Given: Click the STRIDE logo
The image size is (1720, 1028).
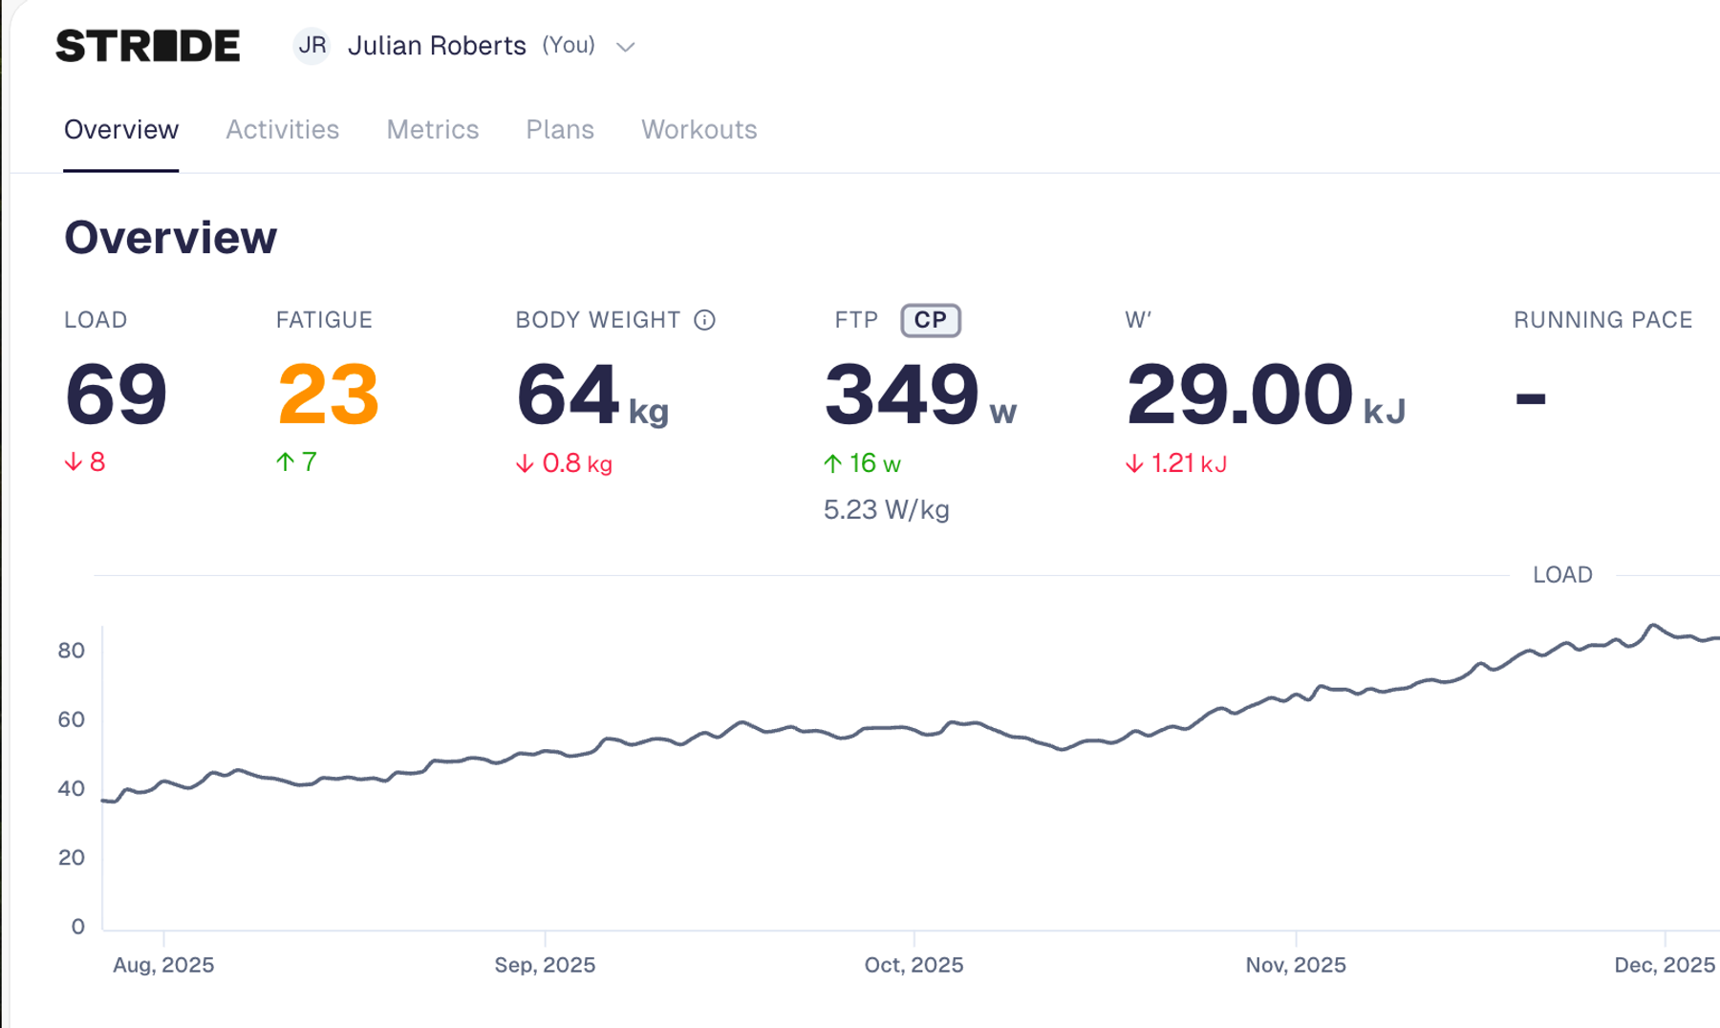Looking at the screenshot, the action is coord(148,46).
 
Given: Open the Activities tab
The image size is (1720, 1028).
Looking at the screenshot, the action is coord(282,129).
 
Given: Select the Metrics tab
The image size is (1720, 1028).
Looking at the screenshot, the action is coord(432,129).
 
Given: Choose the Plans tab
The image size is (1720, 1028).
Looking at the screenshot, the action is coord(560,129).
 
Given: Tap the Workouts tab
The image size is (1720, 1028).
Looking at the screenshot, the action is coord(699,129).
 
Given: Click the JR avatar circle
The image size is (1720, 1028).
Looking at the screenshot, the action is coord(312,46).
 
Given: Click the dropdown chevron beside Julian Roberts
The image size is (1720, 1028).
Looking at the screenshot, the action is coord(626,47).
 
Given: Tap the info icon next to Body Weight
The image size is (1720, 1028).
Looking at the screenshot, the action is coord(704,320).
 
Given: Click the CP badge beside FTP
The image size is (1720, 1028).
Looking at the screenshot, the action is coord(931,320).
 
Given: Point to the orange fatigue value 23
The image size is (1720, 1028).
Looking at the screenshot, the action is coord(328,394).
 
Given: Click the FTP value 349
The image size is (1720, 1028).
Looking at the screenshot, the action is coord(902,394).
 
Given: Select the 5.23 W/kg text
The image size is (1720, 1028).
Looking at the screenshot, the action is coord(887,509).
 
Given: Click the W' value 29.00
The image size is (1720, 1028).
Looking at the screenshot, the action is coord(1239,394).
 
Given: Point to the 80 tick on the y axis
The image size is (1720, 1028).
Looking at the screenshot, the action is coord(72,651).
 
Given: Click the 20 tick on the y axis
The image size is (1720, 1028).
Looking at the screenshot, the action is coord(72,857).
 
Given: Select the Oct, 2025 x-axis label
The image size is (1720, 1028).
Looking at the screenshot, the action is coord(914,965).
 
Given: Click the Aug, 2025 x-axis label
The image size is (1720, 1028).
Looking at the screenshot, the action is coord(163,965).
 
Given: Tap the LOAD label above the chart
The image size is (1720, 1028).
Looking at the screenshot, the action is coord(1562,574).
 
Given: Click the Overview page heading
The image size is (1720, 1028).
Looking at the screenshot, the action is coord(170,237).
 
